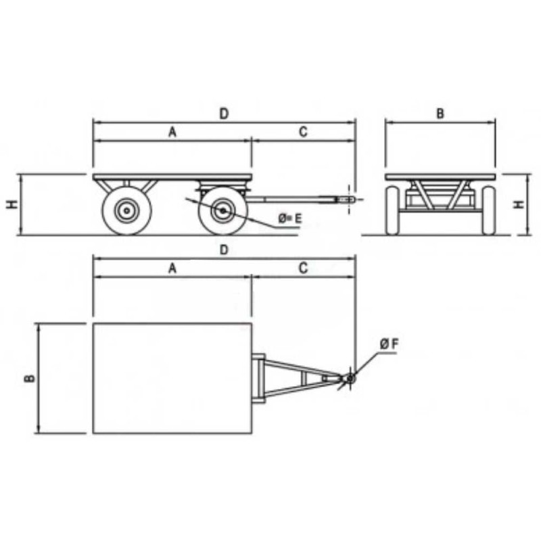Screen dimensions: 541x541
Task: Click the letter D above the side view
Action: pyautogui.click(x=225, y=114)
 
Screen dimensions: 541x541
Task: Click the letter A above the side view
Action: pyautogui.click(x=172, y=132)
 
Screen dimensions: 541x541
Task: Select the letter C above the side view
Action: pyautogui.click(x=303, y=132)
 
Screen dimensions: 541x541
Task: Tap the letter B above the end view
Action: pyautogui.click(x=440, y=114)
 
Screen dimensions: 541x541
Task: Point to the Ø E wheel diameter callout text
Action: pyautogui.click(x=290, y=218)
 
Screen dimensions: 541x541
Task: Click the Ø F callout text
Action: pyautogui.click(x=390, y=344)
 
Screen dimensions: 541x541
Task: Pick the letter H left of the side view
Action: pyautogui.click(x=12, y=205)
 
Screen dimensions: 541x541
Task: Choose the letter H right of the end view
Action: pyautogui.click(x=519, y=205)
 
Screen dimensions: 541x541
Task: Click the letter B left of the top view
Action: pyautogui.click(x=30, y=379)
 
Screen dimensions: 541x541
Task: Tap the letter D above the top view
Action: pyautogui.click(x=225, y=250)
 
